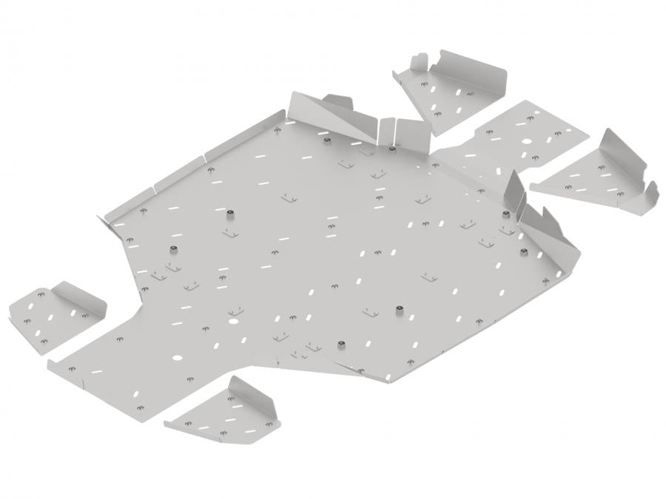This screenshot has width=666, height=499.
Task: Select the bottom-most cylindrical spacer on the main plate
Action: (342, 345)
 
